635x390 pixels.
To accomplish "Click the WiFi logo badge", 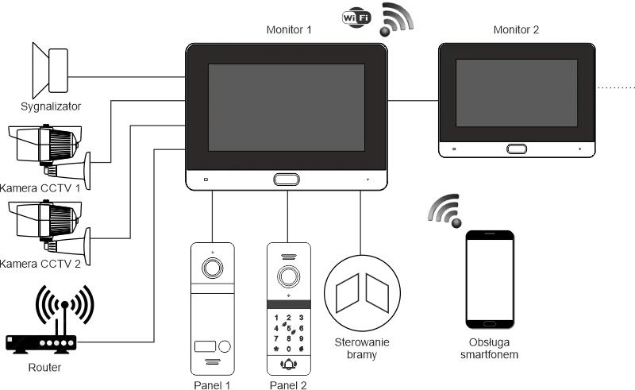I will [357, 17].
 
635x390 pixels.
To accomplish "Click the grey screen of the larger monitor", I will [286, 107].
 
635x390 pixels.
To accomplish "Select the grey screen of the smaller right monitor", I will [516, 92].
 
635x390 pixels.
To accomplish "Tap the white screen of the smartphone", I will [491, 279].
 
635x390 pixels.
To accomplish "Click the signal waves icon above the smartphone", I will [445, 208].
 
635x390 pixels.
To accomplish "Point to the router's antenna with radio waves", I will [63, 306].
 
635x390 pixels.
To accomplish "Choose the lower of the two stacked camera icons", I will [49, 226].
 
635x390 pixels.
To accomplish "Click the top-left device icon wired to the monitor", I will [52, 69].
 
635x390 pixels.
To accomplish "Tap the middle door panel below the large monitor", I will [286, 313].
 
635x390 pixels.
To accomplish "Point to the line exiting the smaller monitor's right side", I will [615, 83].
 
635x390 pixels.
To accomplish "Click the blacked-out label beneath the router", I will [44, 369].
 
